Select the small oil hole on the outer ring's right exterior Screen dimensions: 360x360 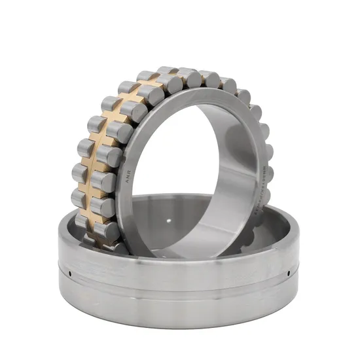tap(289, 270)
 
